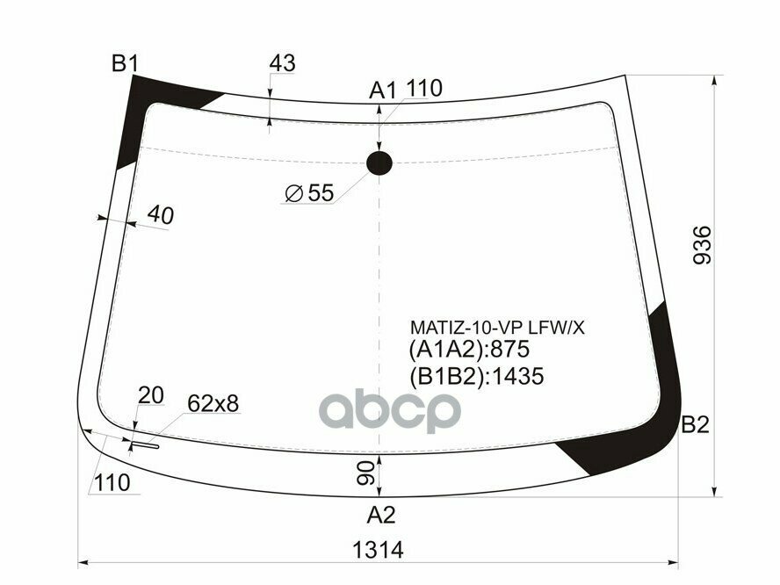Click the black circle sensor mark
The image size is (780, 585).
[x=379, y=162]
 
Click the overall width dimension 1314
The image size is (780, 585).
[x=377, y=551]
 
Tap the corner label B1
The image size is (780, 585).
[x=125, y=63]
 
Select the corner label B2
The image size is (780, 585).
[x=695, y=426]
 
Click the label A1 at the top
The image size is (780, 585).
[x=383, y=90]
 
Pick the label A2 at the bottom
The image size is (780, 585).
[x=381, y=514]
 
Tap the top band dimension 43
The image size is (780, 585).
[x=281, y=63]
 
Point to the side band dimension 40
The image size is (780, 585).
[x=160, y=215]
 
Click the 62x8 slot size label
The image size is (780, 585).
[x=213, y=403]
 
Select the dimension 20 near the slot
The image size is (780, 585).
[x=151, y=396]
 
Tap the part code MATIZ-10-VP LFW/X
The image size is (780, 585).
[x=496, y=328]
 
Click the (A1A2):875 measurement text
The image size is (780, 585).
[x=469, y=351]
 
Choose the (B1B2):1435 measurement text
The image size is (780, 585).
[x=476, y=377]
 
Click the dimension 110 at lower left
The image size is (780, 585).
[x=113, y=482]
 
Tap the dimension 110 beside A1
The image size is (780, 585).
[x=423, y=88]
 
